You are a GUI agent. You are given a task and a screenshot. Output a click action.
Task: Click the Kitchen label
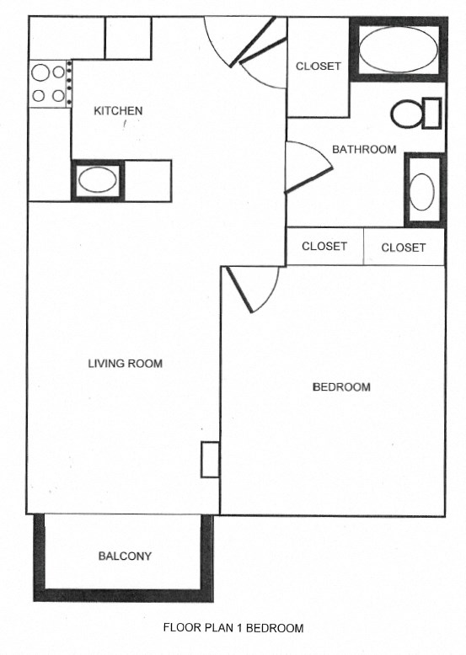coord(118,110)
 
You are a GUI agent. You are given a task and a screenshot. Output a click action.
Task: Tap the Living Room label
coord(125,364)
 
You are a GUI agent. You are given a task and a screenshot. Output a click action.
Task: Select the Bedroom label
coord(341,387)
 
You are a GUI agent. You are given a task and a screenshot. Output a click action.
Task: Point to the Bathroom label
coord(363,150)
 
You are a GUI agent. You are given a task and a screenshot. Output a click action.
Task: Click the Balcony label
coord(125,556)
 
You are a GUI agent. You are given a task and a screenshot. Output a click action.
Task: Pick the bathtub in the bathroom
coord(398,51)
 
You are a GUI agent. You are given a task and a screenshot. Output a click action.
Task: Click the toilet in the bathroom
coord(407,114)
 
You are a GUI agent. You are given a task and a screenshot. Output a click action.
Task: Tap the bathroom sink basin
coord(421,191)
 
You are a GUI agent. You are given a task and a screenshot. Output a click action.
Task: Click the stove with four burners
coord(49,83)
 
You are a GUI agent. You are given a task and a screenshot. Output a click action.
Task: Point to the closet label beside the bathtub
coord(318,67)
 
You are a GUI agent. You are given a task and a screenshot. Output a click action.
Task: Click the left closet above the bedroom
coord(324,247)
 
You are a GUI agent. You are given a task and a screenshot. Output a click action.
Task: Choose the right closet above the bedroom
coord(404,248)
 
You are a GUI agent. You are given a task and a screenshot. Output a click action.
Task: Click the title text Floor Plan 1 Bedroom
coord(233,627)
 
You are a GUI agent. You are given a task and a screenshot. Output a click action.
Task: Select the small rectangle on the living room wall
coord(209,460)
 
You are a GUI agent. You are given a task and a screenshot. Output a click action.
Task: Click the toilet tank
coord(431,113)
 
